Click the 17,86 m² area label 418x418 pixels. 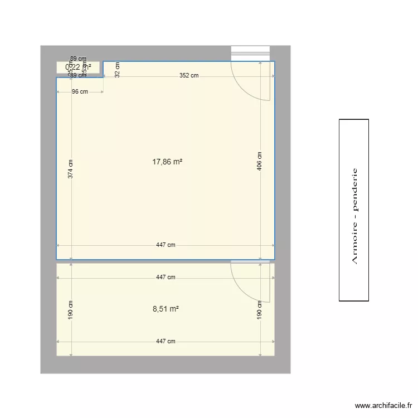pyautogui.click(x=167, y=162)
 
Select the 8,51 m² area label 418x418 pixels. pyautogui.click(x=166, y=308)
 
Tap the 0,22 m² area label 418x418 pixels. pyautogui.click(x=78, y=67)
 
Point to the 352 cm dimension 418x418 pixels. pyautogui.click(x=188, y=76)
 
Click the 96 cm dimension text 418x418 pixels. pyautogui.click(x=80, y=92)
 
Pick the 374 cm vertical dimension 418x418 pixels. pyautogui.click(x=70, y=169)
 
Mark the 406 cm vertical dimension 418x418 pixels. pyautogui.click(x=260, y=161)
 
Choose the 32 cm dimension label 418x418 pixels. pyautogui.click(x=117, y=70)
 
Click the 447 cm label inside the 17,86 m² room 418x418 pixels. pyautogui.click(x=166, y=245)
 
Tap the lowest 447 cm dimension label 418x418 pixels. pyautogui.click(x=166, y=341)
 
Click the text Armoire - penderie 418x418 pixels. pyautogui.click(x=354, y=216)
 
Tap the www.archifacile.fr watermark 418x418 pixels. pyautogui.click(x=383, y=406)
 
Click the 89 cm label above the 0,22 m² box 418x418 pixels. pyautogui.click(x=78, y=59)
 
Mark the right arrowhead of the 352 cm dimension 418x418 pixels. pyautogui.click(x=273, y=76)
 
